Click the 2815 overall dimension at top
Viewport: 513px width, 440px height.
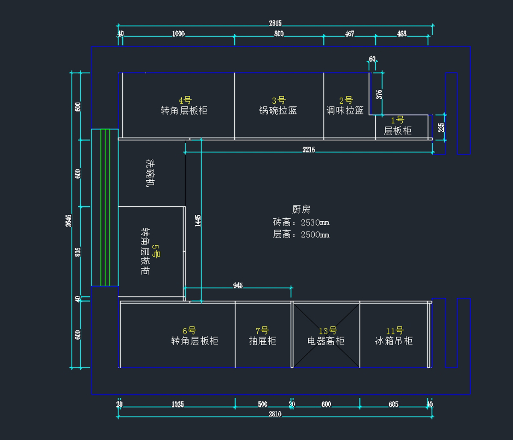pos(275,23)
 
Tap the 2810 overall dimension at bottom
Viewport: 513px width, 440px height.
pos(275,414)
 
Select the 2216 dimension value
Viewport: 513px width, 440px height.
pos(309,150)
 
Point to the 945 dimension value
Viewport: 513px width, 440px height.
pos(238,285)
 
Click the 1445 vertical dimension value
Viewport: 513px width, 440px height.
pos(198,221)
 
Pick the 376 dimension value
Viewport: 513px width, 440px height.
pos(379,94)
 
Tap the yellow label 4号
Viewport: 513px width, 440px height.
pos(185,100)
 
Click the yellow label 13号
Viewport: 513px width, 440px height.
pos(327,331)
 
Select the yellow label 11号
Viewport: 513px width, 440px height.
pos(395,331)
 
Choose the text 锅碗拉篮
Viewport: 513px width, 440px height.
pos(278,110)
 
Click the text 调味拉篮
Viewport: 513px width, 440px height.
pos(345,110)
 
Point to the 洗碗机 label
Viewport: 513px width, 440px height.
pos(150,173)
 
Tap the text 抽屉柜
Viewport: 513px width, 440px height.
pos(262,341)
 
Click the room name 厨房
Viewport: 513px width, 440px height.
pos(301,209)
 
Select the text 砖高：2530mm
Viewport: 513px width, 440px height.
pos(301,223)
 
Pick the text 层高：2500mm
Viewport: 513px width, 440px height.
pos(301,235)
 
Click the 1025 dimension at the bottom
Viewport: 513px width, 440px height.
pos(178,405)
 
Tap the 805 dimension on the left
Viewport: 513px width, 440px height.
pos(78,252)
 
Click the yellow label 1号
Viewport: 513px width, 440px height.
pos(398,120)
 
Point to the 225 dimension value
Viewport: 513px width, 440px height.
pos(441,127)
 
